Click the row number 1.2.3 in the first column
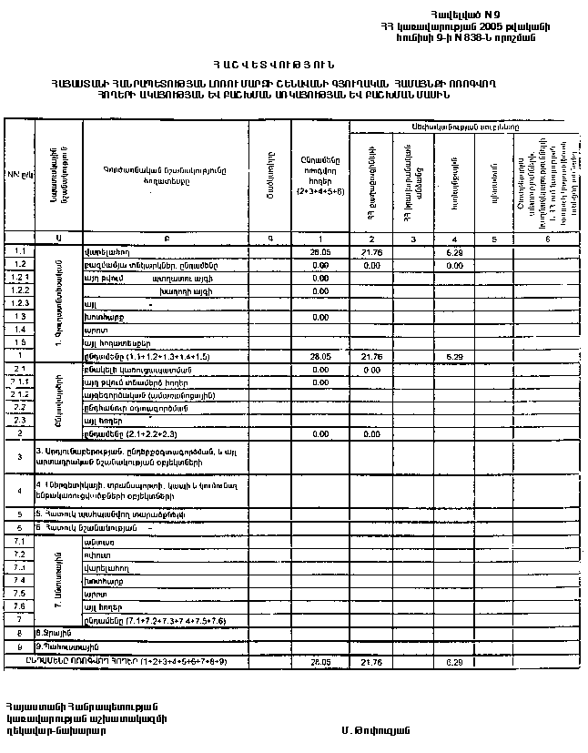pos(18,302)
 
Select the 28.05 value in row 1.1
pos(319,250)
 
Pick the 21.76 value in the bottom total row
pos(370,662)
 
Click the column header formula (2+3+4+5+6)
pos(319,192)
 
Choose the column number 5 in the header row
pos(494,238)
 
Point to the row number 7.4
pos(18,580)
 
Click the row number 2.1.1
pos(18,382)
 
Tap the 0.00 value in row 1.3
pos(319,316)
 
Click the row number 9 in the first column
pos(18,646)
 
